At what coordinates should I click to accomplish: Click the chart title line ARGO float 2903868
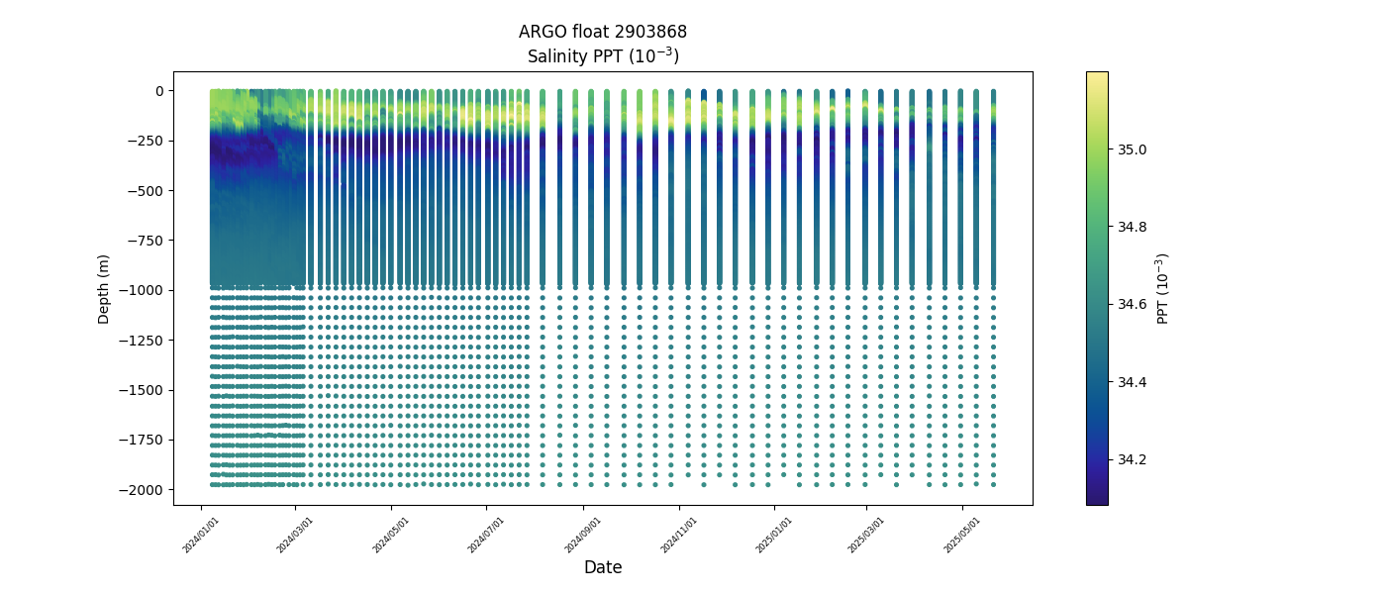602,32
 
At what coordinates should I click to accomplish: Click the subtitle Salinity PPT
602,56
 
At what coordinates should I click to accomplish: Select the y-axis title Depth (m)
103,288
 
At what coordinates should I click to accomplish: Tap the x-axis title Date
602,567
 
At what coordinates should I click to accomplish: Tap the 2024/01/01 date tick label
201,535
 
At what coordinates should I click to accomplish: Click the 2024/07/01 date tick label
487,535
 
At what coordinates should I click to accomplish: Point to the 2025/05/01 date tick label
961,535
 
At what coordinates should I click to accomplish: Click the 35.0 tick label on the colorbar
1133,149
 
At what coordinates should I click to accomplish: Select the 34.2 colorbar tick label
1133,459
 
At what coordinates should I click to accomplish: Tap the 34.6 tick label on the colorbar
1133,305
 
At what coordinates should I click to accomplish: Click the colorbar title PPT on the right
1163,288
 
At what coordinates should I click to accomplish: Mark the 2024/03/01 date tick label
295,535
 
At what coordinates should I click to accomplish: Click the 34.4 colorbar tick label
1133,382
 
